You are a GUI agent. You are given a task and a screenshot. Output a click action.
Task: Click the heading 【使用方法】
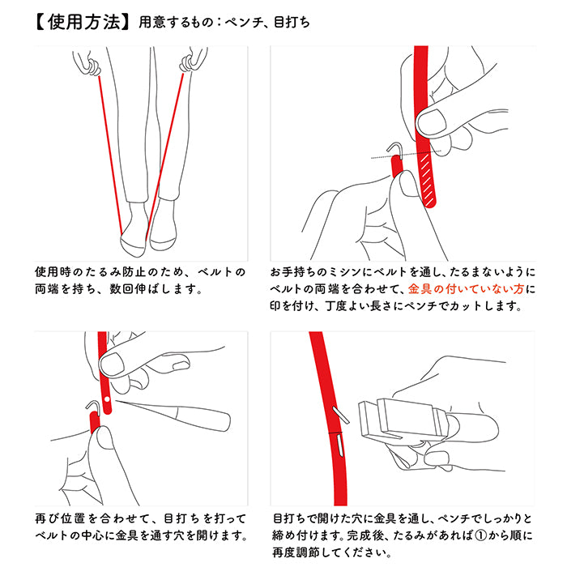[82, 23]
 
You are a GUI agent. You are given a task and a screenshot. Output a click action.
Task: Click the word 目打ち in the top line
[292, 23]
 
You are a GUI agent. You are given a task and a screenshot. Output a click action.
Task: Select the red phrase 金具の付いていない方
[466, 289]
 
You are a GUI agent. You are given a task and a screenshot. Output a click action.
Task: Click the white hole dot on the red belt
[107, 399]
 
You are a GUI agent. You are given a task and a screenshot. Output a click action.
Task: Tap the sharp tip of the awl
[116, 400]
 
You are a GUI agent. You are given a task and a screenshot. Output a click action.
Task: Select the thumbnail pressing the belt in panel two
[430, 122]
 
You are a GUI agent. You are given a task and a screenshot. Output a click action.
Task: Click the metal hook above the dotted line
[395, 147]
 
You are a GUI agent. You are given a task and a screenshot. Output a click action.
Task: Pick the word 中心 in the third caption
[92, 535]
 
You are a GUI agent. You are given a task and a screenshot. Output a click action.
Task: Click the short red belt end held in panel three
[95, 422]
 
